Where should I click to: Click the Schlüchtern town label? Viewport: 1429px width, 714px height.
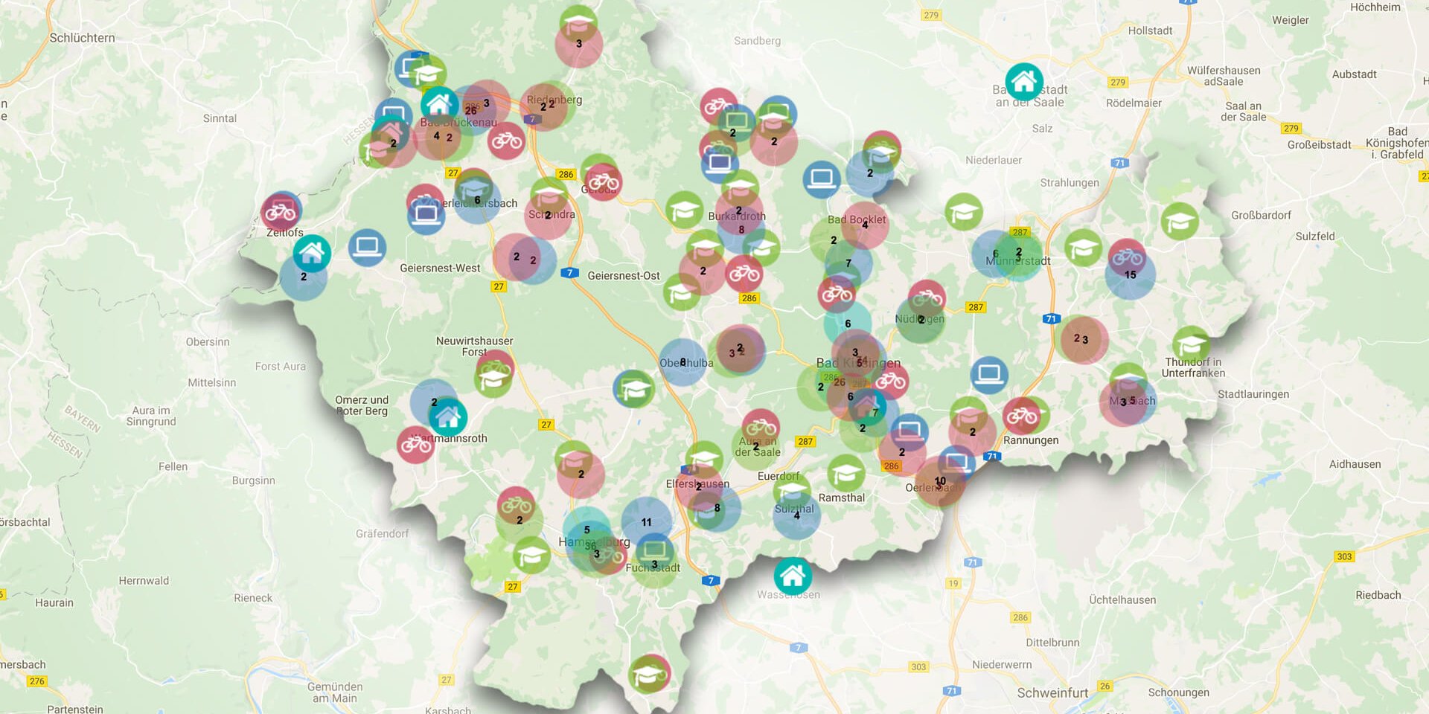tap(82, 38)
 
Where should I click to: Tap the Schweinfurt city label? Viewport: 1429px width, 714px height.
tap(1052, 692)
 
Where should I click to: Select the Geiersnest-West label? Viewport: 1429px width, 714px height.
tap(440, 268)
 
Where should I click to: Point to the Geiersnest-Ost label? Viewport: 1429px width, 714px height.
tap(624, 275)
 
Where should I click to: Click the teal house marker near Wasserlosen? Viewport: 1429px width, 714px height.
tap(792, 575)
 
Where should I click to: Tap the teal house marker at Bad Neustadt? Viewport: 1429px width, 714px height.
tap(1024, 81)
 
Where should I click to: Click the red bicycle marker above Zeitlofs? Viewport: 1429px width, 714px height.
tap(281, 212)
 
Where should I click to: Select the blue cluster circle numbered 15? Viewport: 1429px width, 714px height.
tap(1130, 275)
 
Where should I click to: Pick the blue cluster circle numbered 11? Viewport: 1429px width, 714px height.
tap(646, 521)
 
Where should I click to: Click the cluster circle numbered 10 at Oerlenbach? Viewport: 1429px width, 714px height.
tap(940, 482)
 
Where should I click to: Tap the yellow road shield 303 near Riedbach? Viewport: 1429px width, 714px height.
tap(1344, 556)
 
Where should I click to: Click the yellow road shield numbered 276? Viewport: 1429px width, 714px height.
tap(36, 681)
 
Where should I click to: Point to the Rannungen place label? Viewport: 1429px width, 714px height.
tap(1030, 440)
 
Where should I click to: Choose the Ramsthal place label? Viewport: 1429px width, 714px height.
tap(841, 498)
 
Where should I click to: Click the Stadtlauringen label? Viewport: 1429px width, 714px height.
tap(1253, 394)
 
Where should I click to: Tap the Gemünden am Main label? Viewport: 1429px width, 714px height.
tap(334, 692)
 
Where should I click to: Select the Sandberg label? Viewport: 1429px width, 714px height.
tap(757, 41)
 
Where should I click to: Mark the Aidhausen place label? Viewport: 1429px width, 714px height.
tap(1355, 464)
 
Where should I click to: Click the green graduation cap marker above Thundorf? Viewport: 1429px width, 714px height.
tap(1191, 344)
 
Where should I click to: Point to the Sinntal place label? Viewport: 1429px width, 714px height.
tap(220, 118)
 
